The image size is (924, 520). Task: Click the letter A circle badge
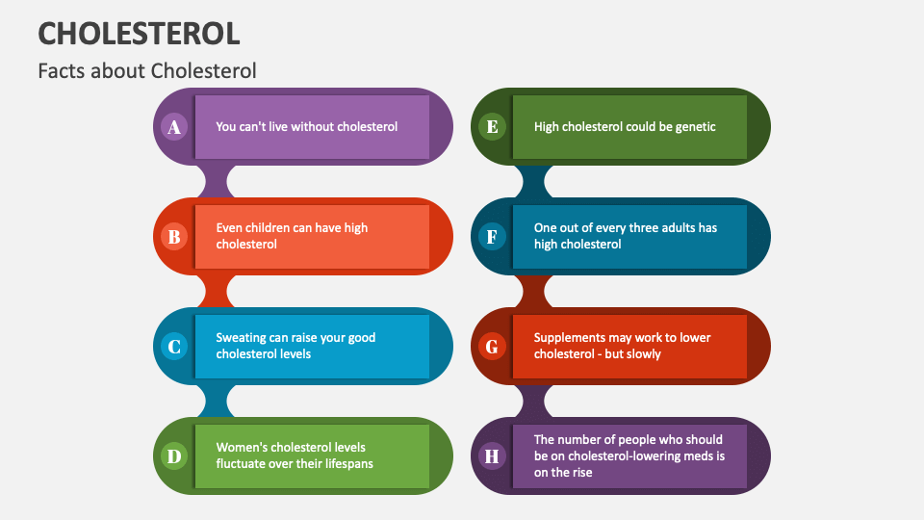174,127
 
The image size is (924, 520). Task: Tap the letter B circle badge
174,237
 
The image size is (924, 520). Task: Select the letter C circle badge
174,347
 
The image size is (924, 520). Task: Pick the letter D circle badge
174,456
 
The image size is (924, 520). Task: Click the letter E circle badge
492,127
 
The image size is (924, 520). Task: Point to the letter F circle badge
492,237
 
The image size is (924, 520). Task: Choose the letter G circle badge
492,347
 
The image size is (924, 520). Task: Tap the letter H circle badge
492,456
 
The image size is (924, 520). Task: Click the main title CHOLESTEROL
139,34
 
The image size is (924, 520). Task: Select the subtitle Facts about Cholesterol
147,71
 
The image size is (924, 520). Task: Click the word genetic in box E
693,126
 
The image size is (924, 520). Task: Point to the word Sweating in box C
241,338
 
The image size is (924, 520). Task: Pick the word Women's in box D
243,447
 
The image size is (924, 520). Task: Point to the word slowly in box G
642,354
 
